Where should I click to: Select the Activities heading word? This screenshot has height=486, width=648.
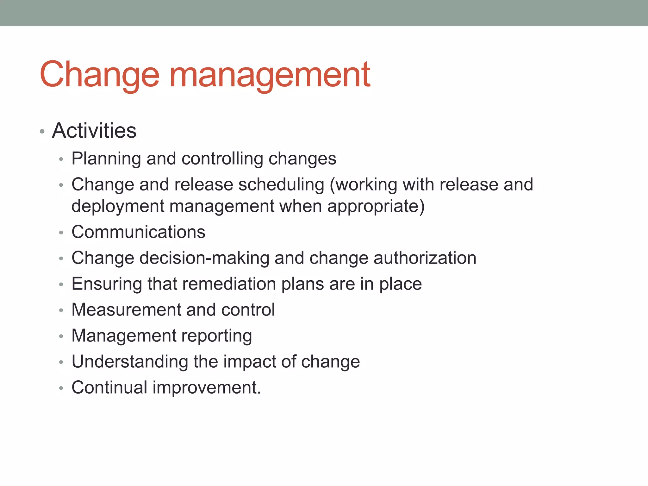[x=94, y=130]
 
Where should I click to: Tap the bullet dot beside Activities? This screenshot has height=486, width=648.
[x=42, y=131]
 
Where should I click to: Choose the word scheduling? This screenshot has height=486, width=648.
[x=281, y=184]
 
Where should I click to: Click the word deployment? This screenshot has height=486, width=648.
[x=118, y=206]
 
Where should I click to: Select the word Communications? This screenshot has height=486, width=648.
[x=138, y=232]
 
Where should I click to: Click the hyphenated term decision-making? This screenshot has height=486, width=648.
[x=204, y=258]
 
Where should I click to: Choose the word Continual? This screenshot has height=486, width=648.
[x=109, y=388]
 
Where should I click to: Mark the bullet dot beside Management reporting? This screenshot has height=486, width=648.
[x=61, y=336]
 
